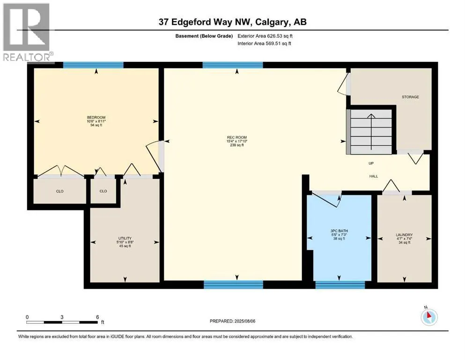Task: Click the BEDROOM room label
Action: pyautogui.click(x=96, y=117)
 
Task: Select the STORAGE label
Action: pyautogui.click(x=410, y=97)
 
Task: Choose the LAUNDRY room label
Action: pyautogui.click(x=404, y=235)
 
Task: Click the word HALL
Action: pyautogui.click(x=373, y=176)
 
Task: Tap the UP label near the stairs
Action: pyautogui.click(x=370, y=164)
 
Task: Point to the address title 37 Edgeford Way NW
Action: pyautogui.click(x=232, y=22)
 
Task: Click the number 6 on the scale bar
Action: pyautogui.click(x=96, y=317)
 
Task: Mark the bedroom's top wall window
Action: pyautogui.click(x=93, y=65)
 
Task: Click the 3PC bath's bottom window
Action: pyautogui.click(x=340, y=284)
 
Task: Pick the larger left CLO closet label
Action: pyautogui.click(x=59, y=191)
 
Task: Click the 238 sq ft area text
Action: pyautogui.click(x=235, y=145)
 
